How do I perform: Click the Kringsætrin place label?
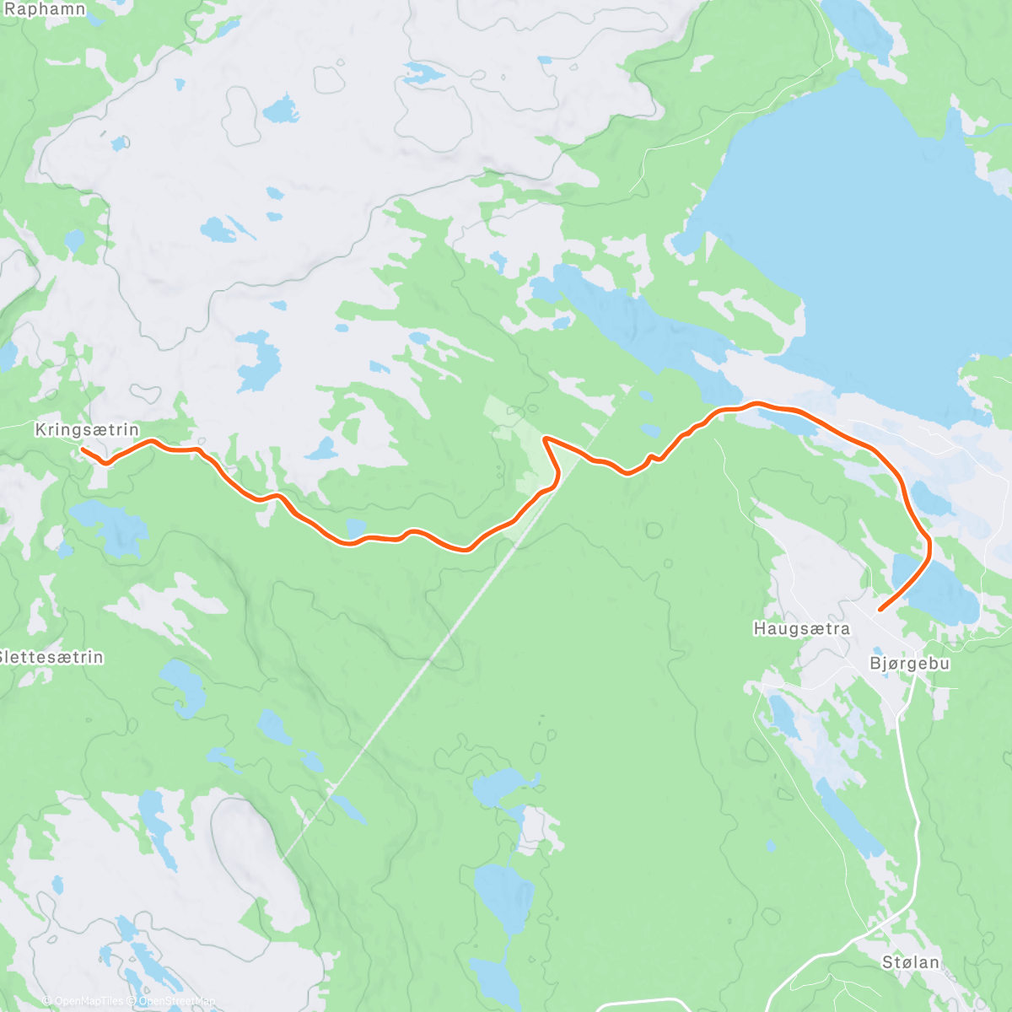click(86, 430)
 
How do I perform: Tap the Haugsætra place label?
click(801, 629)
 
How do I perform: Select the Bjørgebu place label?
click(909, 664)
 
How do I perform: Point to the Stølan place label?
click(911, 962)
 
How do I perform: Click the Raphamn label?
click(44, 9)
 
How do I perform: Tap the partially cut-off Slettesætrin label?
click(51, 657)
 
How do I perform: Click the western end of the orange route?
click(83, 449)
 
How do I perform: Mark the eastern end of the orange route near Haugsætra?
click(880, 609)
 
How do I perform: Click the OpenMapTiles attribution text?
click(89, 1001)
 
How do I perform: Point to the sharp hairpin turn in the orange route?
click(547, 439)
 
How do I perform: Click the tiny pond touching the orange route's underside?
click(355, 528)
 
